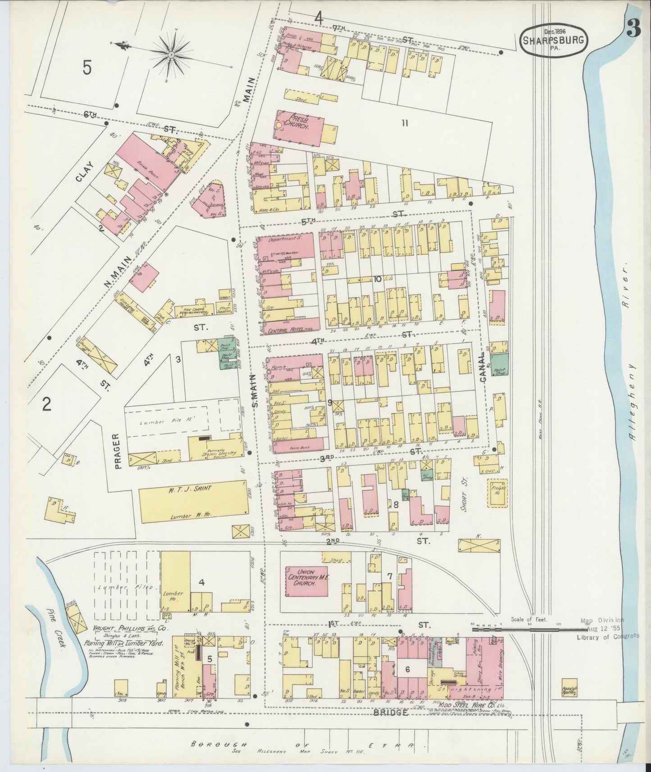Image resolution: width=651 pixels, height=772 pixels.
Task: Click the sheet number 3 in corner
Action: point(633,30)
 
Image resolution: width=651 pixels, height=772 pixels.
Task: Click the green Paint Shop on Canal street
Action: point(499,365)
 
